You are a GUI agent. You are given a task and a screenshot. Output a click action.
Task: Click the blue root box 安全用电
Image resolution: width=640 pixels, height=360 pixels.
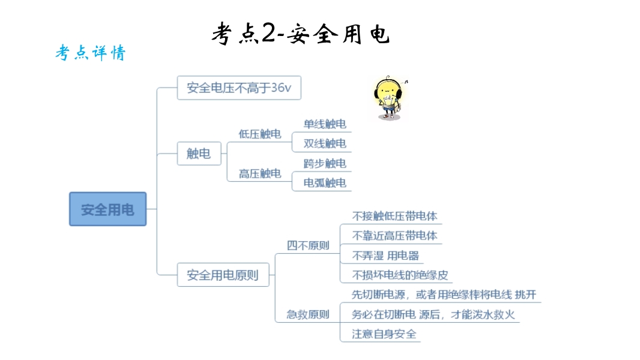[107, 209]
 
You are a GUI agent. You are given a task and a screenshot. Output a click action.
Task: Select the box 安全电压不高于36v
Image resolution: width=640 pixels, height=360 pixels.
[239, 88]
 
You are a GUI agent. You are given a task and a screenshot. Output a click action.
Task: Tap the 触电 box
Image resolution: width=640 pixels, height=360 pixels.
[199, 154]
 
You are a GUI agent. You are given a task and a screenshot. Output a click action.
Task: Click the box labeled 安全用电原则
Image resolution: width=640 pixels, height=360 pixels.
[223, 275]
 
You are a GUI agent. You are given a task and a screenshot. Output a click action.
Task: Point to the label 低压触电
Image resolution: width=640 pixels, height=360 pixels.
[260, 134]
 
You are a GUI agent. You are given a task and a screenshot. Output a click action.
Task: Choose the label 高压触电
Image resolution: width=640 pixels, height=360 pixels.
[260, 173]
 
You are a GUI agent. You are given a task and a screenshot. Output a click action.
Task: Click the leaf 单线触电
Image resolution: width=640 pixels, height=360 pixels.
[325, 124]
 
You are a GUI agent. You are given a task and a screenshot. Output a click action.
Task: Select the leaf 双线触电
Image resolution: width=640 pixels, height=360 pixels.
[325, 143]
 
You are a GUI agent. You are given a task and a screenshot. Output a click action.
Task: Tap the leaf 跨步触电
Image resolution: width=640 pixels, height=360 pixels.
[325, 163]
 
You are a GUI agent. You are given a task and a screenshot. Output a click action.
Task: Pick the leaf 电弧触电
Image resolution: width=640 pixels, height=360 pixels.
[325, 183]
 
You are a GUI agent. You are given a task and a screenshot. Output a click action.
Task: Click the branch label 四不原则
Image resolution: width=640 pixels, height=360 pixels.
[308, 245]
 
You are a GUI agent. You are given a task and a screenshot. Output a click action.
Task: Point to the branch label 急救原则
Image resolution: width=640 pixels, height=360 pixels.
[308, 314]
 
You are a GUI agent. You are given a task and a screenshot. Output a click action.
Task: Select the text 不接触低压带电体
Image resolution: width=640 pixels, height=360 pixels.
[394, 216]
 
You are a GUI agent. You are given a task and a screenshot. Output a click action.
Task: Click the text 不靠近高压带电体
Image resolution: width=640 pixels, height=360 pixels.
[394, 236]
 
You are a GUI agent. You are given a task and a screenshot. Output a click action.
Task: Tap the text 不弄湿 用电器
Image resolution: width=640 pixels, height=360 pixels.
[385, 256]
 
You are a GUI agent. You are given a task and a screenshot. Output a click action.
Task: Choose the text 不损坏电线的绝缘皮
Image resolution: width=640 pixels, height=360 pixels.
[400, 275]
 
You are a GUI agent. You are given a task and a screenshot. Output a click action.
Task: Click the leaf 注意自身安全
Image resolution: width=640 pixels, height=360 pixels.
[384, 334]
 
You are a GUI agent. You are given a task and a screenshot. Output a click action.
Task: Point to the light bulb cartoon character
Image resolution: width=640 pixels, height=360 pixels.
[389, 98]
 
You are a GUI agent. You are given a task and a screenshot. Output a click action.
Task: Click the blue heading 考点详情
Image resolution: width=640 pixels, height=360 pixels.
[91, 53]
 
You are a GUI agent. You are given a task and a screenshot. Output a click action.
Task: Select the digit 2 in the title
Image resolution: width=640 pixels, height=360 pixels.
[269, 32]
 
